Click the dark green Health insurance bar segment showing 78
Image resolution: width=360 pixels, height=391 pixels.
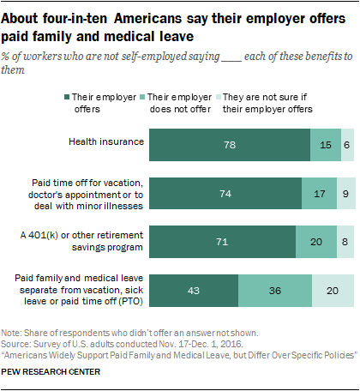(x=230, y=145)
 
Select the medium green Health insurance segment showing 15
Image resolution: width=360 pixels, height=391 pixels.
(x=325, y=145)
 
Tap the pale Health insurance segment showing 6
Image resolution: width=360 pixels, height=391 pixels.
(x=347, y=145)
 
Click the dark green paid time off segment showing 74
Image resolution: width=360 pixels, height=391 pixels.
(x=225, y=194)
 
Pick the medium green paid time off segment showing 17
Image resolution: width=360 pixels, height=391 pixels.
(x=319, y=194)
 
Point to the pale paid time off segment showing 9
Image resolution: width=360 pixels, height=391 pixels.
(x=345, y=194)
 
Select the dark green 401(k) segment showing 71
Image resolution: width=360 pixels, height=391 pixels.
(x=222, y=243)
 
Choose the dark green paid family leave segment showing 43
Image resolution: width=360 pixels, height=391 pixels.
(x=194, y=291)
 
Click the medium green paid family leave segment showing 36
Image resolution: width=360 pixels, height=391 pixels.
(x=274, y=291)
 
